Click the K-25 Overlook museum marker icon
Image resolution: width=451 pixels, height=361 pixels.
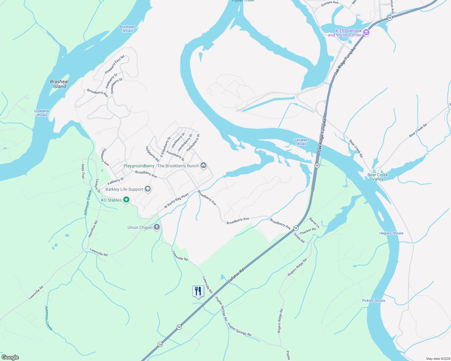click(366, 32)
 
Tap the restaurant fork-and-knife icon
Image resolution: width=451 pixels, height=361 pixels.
click(198, 291)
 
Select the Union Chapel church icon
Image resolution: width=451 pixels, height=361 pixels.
click(156, 227)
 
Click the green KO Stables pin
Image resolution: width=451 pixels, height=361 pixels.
click(127, 199)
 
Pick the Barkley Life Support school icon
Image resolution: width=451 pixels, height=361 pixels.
click(147, 189)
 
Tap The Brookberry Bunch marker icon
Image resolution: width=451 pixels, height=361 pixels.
click(203, 165)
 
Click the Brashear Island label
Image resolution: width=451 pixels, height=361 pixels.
click(59, 84)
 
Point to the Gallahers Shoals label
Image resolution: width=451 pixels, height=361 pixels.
click(301, 142)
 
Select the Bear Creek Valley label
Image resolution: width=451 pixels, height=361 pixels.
click(378, 177)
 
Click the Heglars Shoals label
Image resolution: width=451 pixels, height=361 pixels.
click(391, 233)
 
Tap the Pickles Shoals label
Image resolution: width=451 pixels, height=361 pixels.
click(374, 301)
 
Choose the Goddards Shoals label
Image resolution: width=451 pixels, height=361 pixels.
click(42, 113)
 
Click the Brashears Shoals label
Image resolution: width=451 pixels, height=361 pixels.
click(128, 29)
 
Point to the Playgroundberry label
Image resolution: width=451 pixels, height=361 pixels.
click(139, 166)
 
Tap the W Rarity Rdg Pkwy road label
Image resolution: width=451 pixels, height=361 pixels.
click(176, 201)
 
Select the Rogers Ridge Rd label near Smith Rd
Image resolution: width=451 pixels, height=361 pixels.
click(297, 267)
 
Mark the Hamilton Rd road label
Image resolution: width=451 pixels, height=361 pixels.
click(93, 229)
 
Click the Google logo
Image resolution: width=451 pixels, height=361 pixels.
click(10, 357)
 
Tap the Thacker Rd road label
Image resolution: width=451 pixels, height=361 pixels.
click(307, 231)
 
